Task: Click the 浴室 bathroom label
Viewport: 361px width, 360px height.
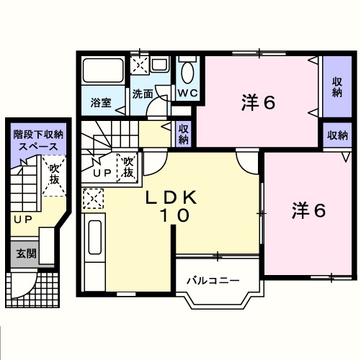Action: point(101,103)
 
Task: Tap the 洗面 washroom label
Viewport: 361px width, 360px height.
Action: point(142,94)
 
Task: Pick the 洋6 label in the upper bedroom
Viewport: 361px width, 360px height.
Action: point(257,103)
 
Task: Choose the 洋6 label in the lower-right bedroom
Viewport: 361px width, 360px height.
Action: point(308,210)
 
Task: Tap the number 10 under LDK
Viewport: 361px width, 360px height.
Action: point(173,215)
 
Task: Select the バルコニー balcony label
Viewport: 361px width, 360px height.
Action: point(213,280)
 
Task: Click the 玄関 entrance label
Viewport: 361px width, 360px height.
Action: point(27,253)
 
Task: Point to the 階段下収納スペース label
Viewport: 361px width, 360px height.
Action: point(38,140)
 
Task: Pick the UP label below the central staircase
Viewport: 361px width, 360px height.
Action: point(101,174)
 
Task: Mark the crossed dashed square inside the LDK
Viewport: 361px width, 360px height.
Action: point(94,196)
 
